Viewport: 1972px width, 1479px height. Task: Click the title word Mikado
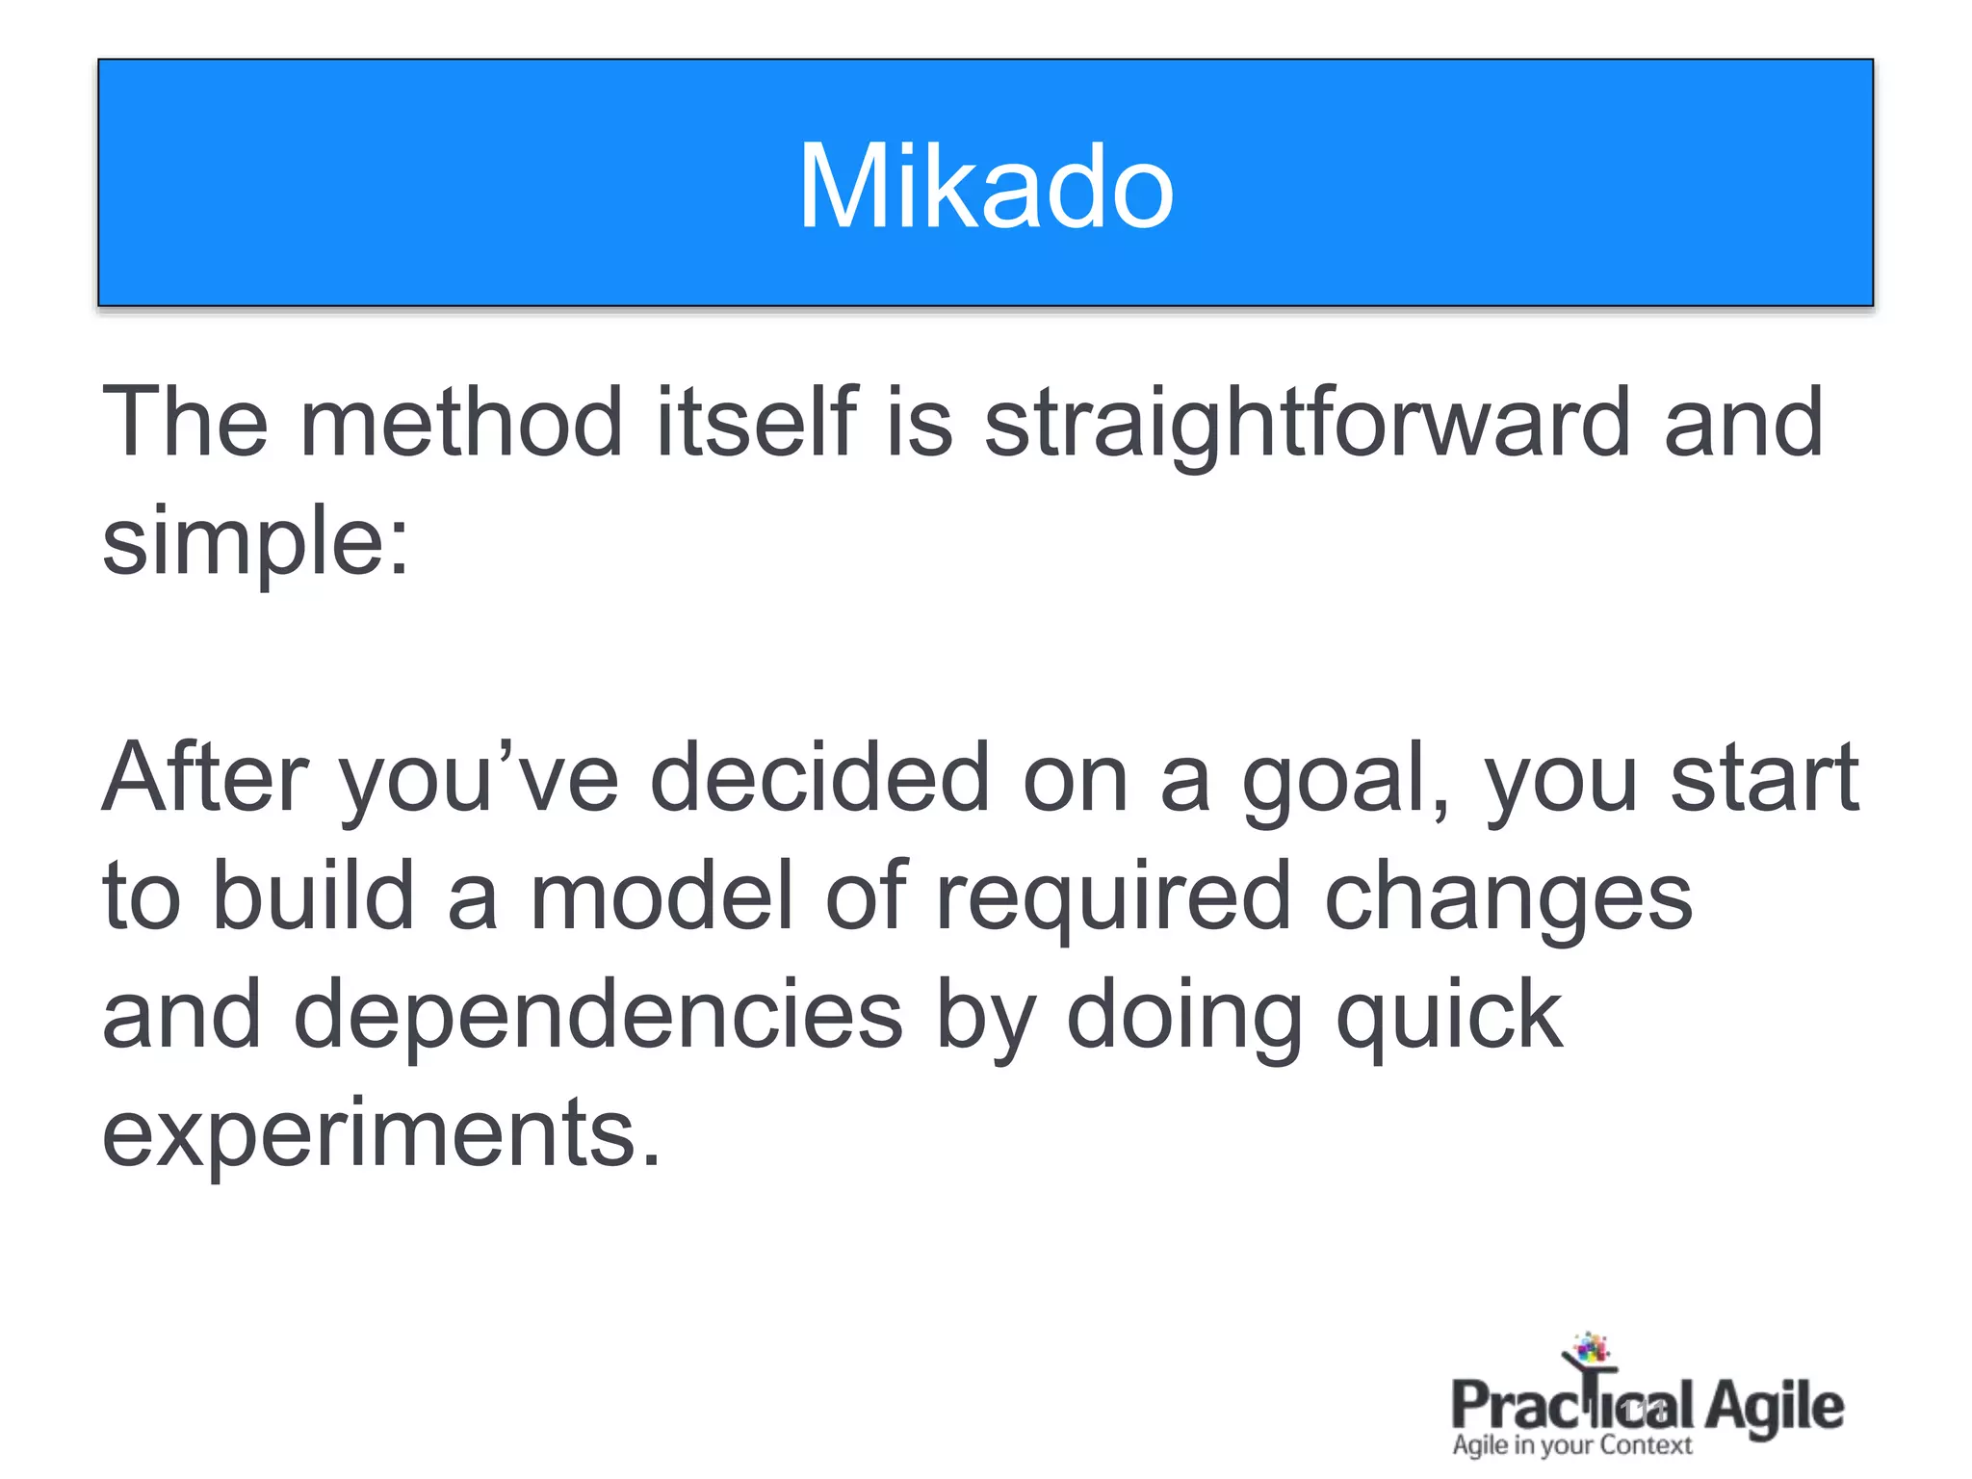(985, 187)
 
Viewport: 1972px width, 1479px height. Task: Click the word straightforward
(1307, 424)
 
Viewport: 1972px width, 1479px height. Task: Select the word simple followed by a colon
(255, 541)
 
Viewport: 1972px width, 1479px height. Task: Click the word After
(205, 778)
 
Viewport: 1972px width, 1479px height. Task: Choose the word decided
(820, 778)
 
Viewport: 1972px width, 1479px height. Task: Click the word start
(1764, 778)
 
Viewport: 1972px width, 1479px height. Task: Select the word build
(313, 895)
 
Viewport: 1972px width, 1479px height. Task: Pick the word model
(662, 895)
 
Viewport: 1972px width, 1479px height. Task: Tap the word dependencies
(598, 1015)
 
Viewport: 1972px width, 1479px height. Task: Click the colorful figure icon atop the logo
(1591, 1348)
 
